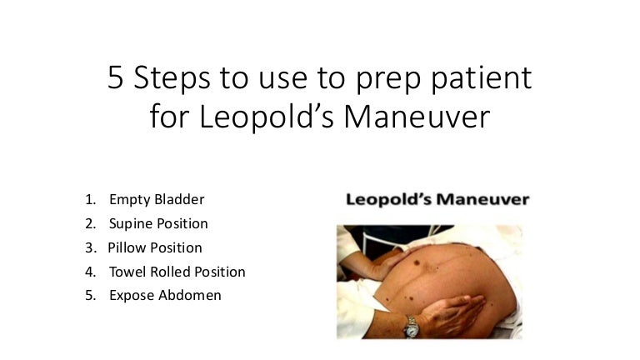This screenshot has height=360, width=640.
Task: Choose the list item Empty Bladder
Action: (156, 200)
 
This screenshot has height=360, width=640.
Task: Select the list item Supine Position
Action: (158, 224)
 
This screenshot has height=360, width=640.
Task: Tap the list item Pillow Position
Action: (155, 247)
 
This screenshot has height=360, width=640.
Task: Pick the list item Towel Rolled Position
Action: (177, 272)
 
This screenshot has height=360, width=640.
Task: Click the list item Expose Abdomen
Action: (165, 296)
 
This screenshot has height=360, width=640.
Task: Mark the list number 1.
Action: (89, 200)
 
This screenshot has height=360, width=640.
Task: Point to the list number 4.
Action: (90, 272)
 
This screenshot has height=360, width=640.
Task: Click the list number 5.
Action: (89, 296)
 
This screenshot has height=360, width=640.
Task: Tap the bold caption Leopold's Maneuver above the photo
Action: (437, 200)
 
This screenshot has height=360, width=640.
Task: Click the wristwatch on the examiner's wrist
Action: (411, 327)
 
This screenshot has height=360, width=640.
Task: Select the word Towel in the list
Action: (126, 272)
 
